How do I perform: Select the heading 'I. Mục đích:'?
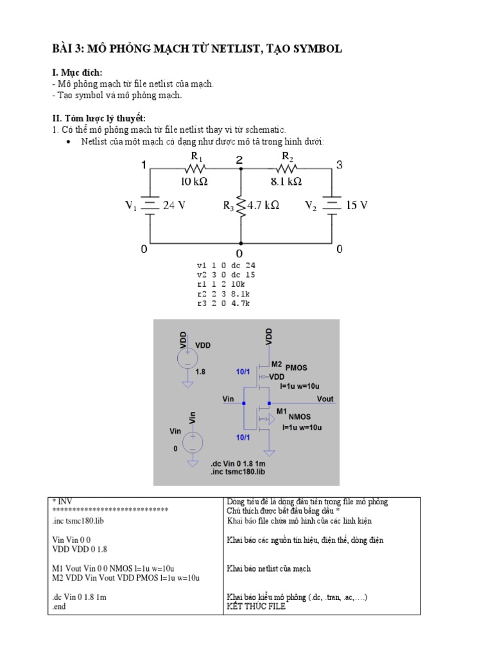[x=77, y=73]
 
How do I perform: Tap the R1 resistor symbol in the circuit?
[x=195, y=169]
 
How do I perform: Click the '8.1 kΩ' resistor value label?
[x=286, y=182]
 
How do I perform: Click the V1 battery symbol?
[x=149, y=205]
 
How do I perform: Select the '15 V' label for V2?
[x=356, y=206]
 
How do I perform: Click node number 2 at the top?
[x=239, y=160]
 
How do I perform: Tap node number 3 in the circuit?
[x=340, y=166]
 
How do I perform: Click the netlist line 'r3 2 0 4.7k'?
[x=223, y=303]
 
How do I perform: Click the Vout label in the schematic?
[x=325, y=399]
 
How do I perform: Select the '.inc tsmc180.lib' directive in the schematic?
[x=237, y=472]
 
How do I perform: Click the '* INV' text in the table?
[x=62, y=501]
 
